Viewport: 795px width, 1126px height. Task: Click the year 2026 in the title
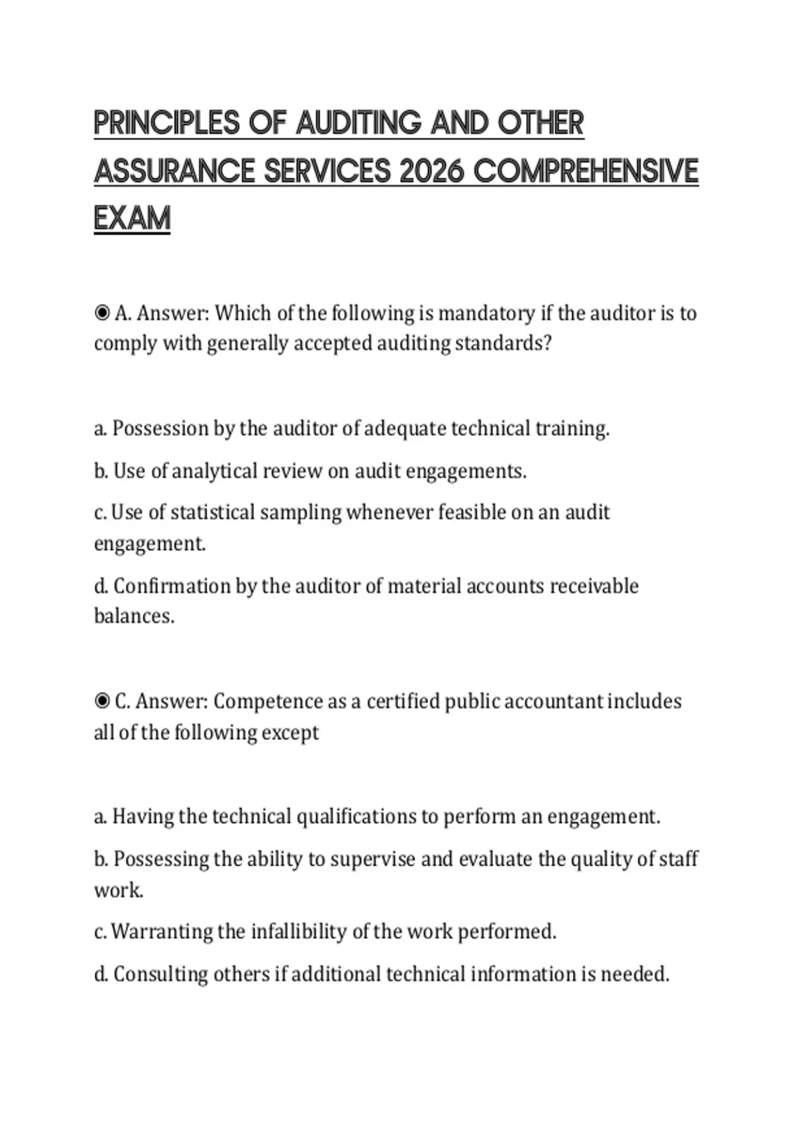point(431,171)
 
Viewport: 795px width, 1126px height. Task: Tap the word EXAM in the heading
point(132,219)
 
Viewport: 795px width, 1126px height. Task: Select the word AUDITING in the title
point(358,123)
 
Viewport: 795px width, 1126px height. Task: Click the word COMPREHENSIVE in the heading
point(586,171)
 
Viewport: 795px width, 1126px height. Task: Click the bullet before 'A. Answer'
point(102,313)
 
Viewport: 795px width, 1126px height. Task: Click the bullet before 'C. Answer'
point(102,701)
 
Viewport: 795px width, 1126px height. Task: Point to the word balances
point(134,616)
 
